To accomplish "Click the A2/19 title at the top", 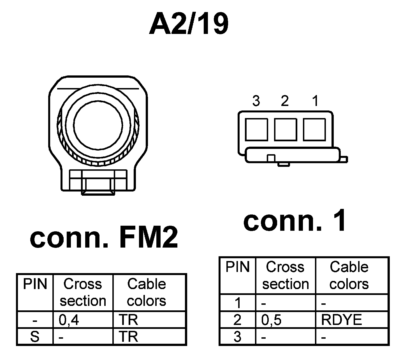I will (189, 25).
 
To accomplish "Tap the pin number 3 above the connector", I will (256, 101).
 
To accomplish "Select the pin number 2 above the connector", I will (285, 101).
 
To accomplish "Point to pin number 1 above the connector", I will (316, 101).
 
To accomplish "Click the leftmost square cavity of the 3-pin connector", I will (256, 129).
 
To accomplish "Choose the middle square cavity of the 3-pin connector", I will (286, 129).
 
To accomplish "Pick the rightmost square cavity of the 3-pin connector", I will (314, 129).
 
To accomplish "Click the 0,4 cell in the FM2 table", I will (69, 320).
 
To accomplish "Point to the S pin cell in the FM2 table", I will (35, 336).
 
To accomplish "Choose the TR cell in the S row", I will (128, 336).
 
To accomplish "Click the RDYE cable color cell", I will (342, 320).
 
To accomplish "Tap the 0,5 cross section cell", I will (271, 320).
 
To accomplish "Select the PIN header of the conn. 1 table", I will (238, 267).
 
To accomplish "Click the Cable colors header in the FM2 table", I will (147, 292).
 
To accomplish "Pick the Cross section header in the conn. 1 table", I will (285, 275).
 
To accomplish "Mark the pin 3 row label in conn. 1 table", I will (237, 336).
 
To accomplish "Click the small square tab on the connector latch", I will (271, 158).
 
